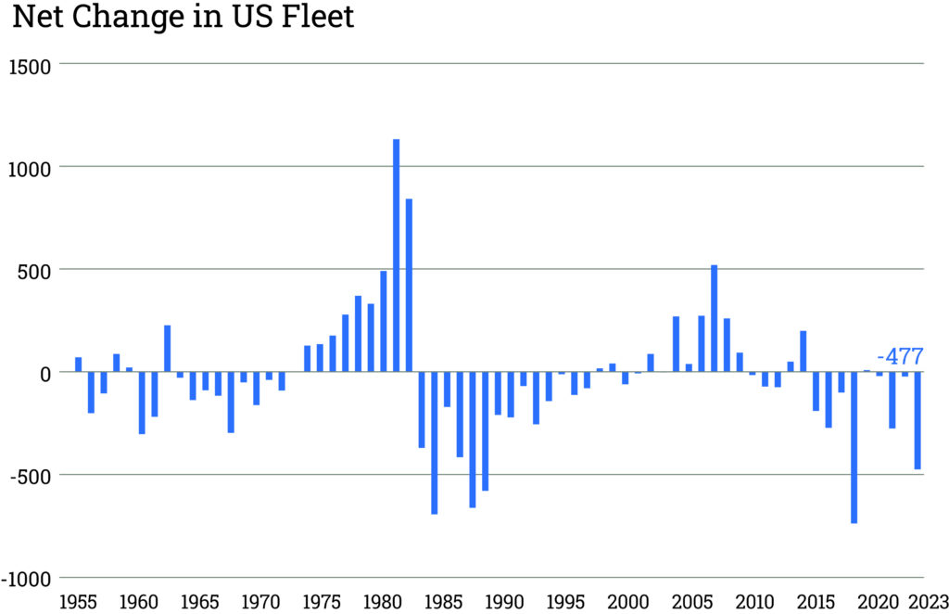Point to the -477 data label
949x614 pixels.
pos(900,357)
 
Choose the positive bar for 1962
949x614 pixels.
pos(168,348)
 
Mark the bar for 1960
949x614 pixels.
pos(142,403)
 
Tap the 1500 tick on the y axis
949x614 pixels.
pos(29,65)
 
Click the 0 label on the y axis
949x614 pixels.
pos(43,372)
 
